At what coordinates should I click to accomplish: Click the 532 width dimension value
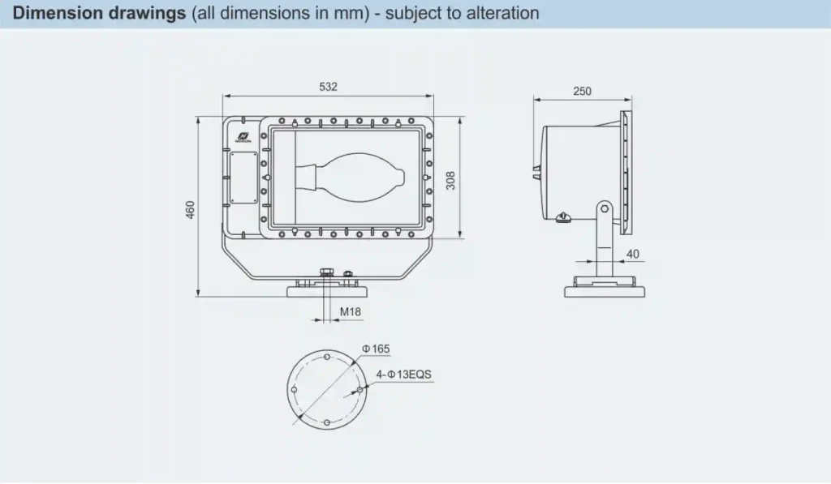[328, 87]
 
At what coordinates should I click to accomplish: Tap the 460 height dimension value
[191, 209]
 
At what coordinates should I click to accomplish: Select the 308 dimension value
[450, 180]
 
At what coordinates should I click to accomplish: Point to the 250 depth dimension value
[582, 91]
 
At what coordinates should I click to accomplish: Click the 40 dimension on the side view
[633, 254]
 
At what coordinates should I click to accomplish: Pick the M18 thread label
[351, 311]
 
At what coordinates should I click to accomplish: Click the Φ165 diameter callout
[377, 349]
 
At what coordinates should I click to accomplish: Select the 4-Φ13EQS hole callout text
[404, 375]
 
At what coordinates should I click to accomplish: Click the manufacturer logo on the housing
[243, 134]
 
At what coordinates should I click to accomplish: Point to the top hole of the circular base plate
[326, 357]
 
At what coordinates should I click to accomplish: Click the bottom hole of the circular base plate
[326, 422]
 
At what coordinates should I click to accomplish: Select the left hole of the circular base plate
[294, 390]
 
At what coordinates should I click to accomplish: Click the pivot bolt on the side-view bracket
[605, 209]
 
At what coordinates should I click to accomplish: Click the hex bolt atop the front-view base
[327, 274]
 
